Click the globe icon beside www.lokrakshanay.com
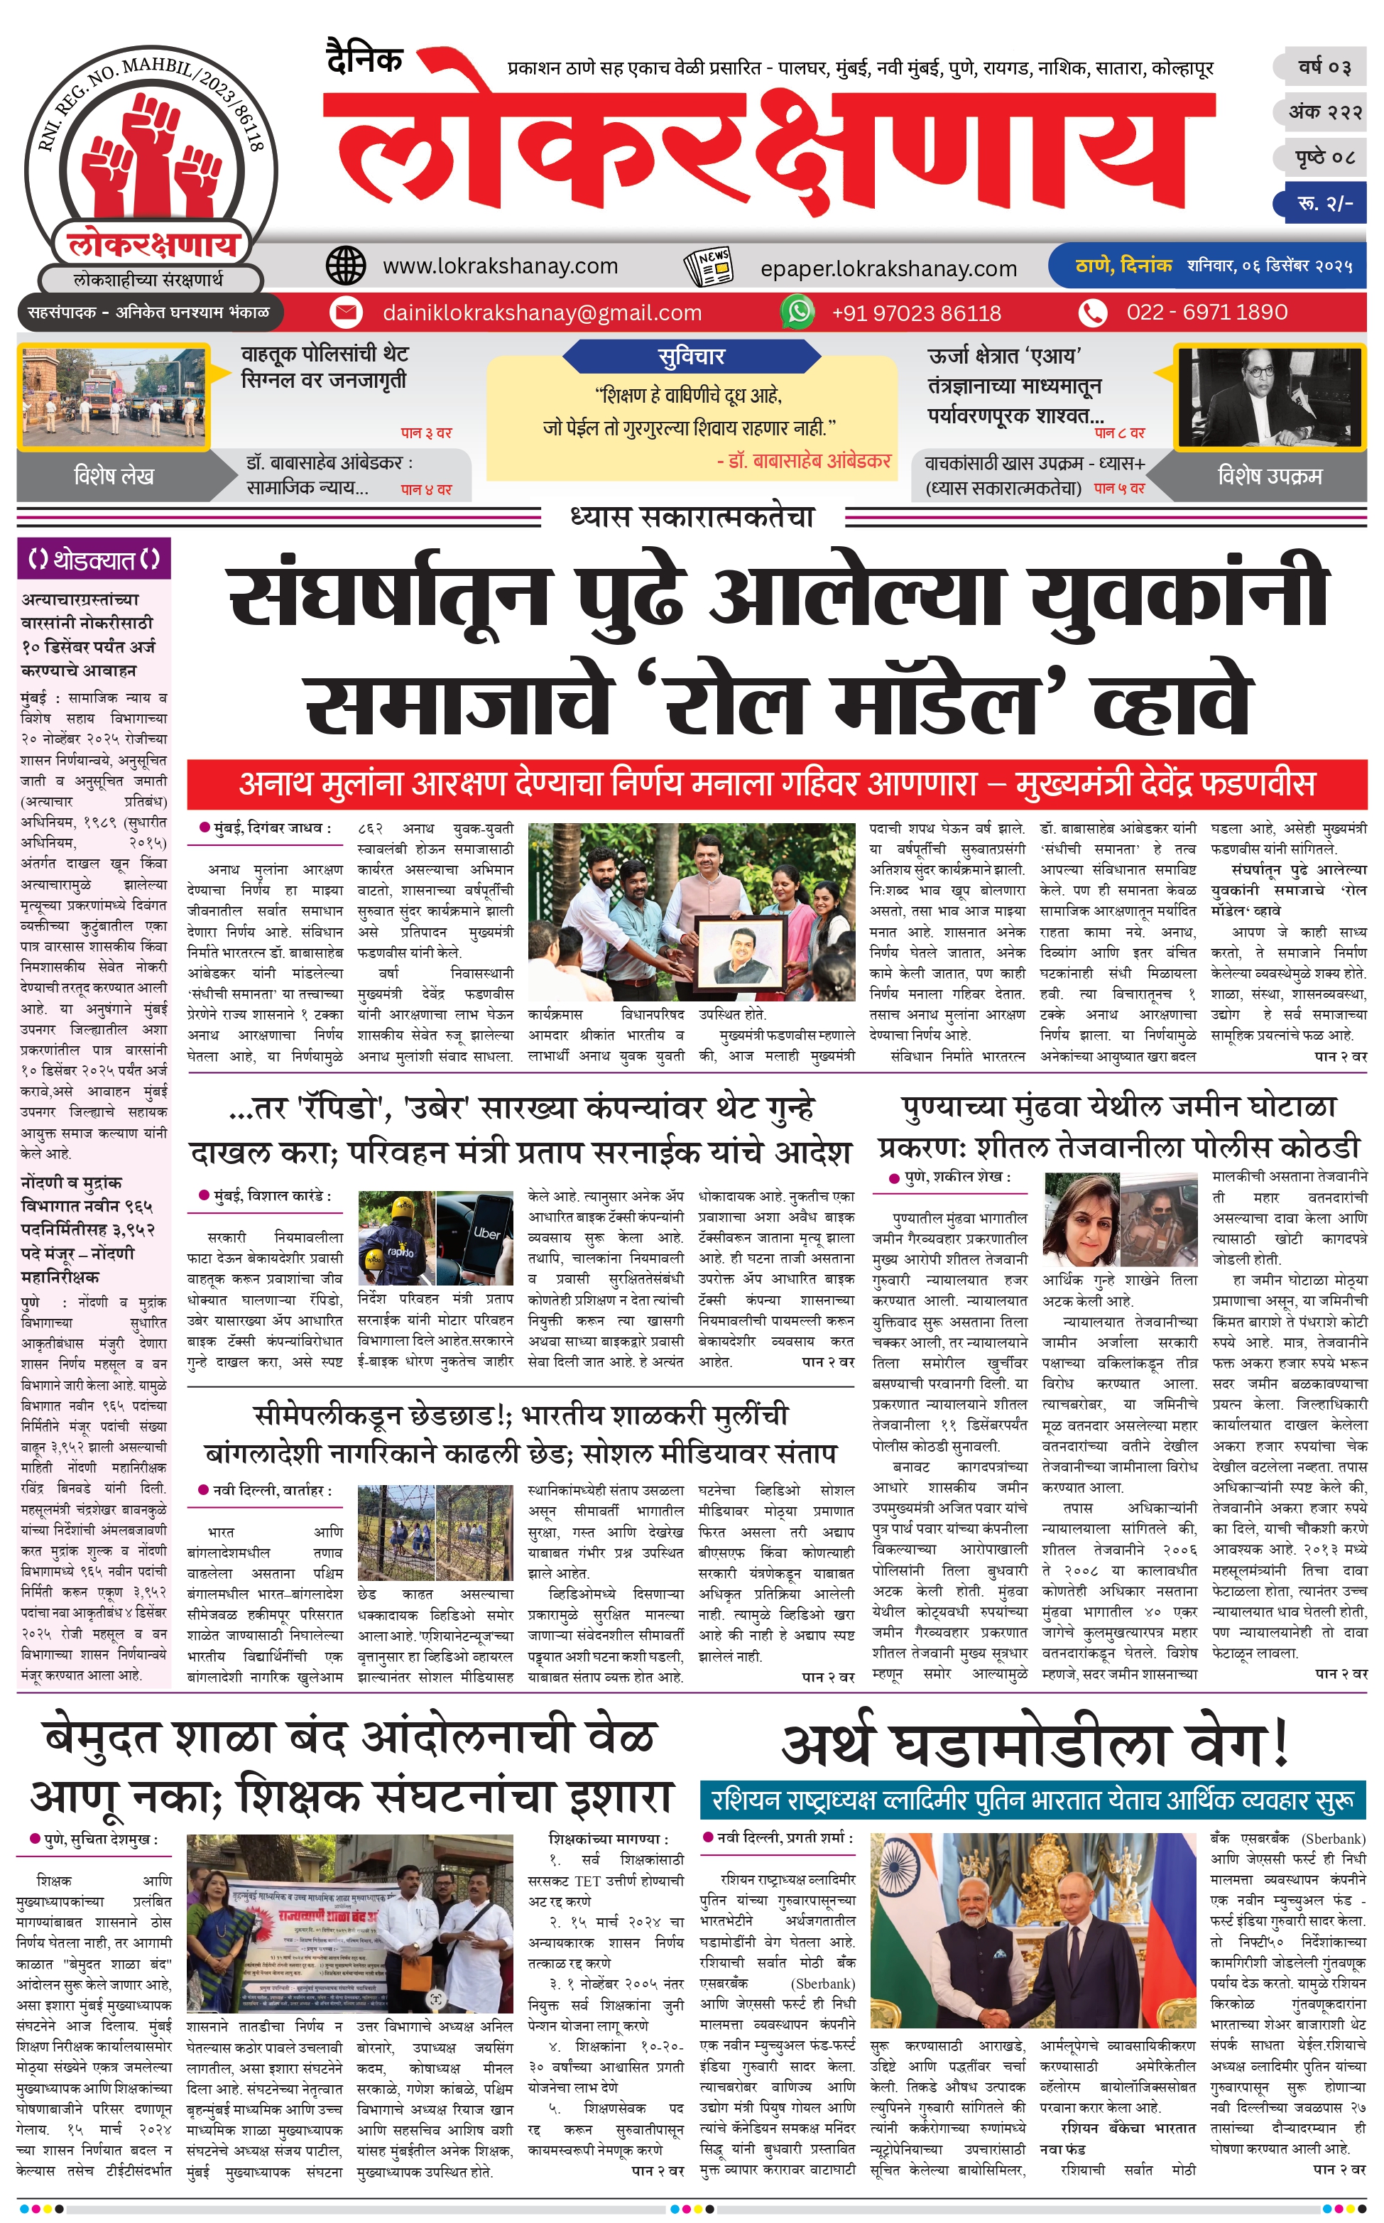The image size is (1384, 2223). [x=346, y=266]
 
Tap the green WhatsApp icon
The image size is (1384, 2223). [x=797, y=312]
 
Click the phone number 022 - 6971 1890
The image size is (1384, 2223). [x=1206, y=312]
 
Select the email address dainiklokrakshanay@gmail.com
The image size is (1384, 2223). [x=542, y=313]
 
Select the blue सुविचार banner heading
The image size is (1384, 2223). [x=691, y=356]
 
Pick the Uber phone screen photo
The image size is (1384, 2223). [x=475, y=1238]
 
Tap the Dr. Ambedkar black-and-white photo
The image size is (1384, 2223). [x=1269, y=398]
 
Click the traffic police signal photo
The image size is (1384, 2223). [x=114, y=398]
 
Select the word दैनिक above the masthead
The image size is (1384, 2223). [x=364, y=60]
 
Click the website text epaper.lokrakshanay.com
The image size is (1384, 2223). [x=888, y=269]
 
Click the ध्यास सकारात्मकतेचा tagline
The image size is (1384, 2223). [x=692, y=518]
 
